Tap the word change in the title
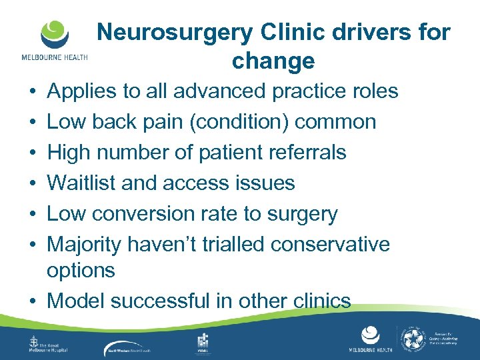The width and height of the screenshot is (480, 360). (273, 61)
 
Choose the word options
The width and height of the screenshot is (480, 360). (81, 271)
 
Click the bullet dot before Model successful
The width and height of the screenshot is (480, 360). (33, 301)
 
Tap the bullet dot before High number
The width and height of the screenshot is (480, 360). (33, 153)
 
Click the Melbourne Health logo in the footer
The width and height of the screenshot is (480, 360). (370, 340)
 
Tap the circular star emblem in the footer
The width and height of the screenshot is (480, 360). (417, 340)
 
